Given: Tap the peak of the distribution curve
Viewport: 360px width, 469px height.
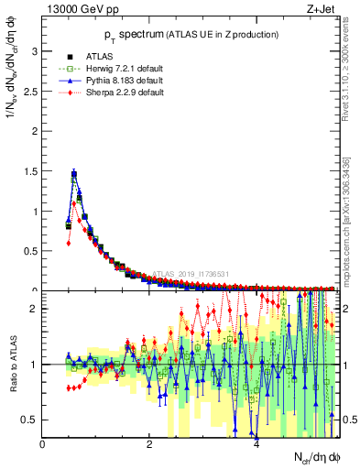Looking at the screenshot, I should (x=73, y=172).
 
